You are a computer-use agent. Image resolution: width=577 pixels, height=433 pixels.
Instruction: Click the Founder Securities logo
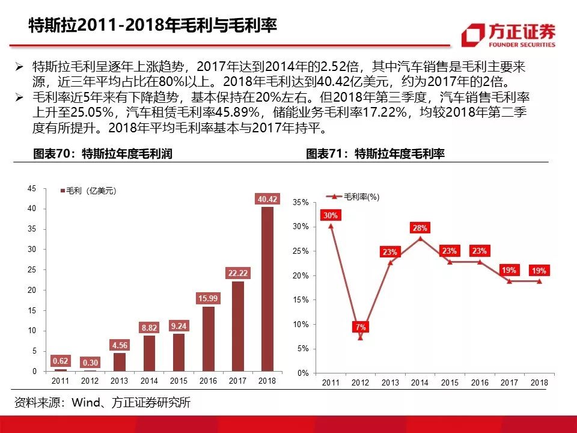click(x=508, y=35)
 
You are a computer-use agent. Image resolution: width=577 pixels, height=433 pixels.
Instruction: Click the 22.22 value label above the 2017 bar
click(x=237, y=274)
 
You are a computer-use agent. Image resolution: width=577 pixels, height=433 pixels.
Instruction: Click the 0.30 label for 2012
click(x=90, y=363)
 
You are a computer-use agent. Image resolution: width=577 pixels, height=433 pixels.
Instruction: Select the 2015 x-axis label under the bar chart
click(x=179, y=381)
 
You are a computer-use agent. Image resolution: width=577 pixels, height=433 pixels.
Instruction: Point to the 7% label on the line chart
click(x=361, y=327)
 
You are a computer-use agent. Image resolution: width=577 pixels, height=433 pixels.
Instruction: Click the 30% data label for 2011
click(x=331, y=215)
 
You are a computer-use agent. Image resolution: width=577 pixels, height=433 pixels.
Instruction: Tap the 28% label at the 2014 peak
click(x=420, y=228)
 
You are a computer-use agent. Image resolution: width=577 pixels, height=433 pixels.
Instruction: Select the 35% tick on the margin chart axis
click(x=301, y=203)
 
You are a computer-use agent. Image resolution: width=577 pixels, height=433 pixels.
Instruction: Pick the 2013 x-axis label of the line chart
click(x=390, y=382)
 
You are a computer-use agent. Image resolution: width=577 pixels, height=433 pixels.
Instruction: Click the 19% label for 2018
click(x=539, y=271)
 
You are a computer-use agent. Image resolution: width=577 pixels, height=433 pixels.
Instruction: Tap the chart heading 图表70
click(x=102, y=154)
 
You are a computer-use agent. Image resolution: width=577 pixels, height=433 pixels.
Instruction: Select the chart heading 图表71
click(x=375, y=154)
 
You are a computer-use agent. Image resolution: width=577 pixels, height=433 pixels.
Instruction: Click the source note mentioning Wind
click(x=102, y=402)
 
